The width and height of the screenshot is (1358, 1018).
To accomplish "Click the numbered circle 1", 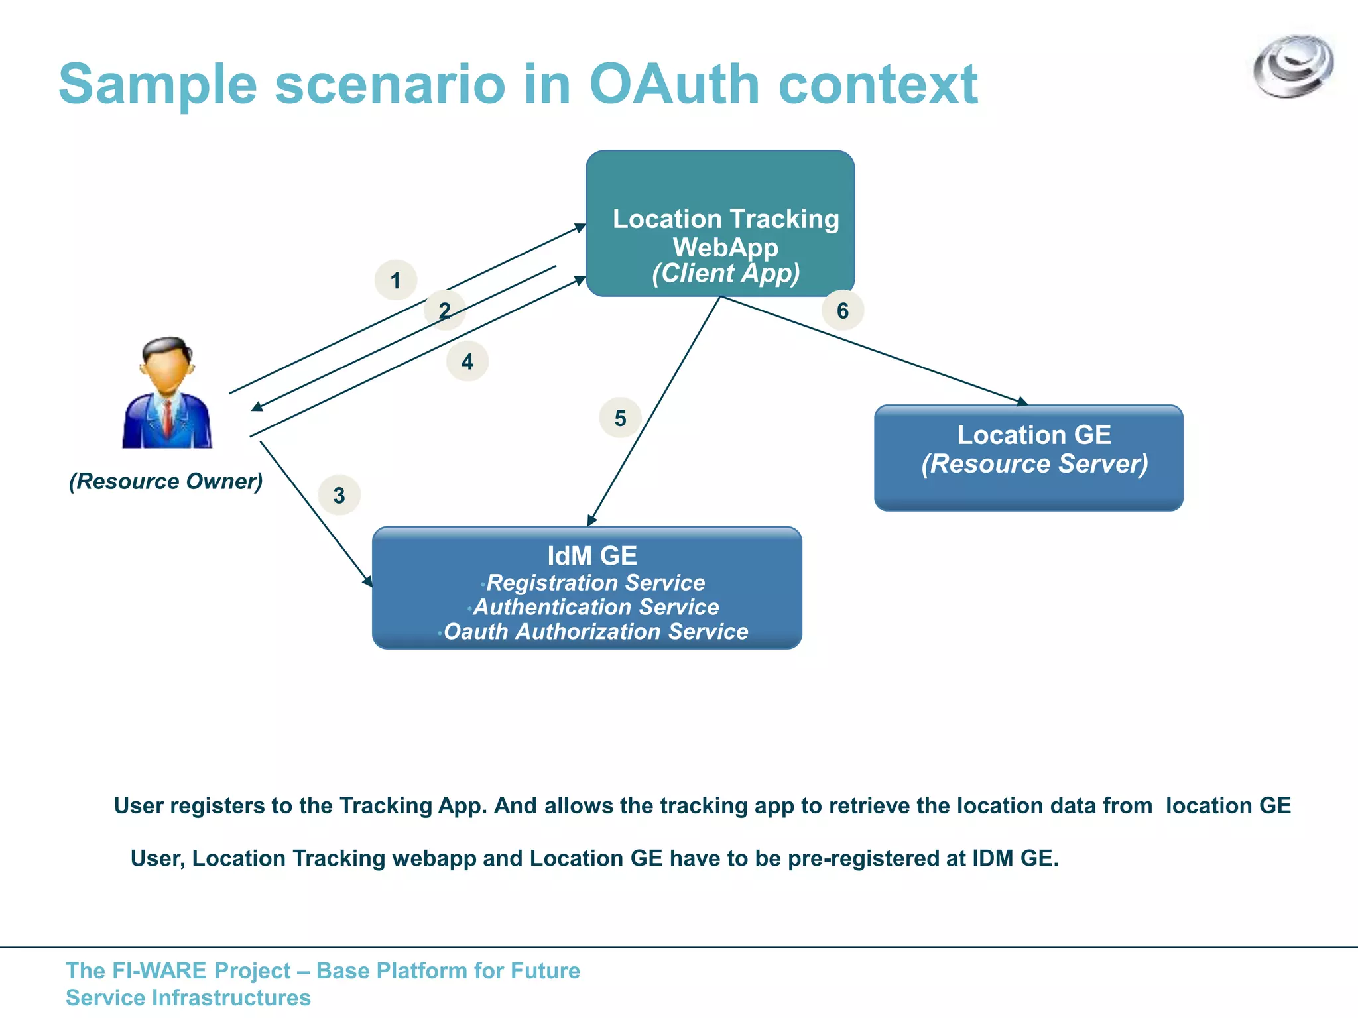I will point(395,280).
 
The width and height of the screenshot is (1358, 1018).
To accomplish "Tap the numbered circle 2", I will point(444,310).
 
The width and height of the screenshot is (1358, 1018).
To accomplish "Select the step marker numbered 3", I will point(339,495).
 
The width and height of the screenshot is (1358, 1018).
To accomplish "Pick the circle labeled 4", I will point(467,361).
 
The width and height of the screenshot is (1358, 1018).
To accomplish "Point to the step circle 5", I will point(620,418).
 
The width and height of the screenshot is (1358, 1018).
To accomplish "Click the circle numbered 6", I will point(842,310).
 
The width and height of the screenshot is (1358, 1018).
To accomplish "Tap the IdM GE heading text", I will point(591,556).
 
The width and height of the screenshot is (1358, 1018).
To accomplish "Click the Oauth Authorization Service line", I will point(595,632).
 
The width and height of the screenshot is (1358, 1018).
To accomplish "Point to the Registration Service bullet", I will point(595,583).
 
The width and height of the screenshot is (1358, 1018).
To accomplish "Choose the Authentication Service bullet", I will point(595,607).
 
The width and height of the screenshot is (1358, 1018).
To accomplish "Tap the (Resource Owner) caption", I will point(166,481).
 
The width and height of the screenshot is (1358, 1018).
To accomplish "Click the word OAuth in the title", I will point(674,85).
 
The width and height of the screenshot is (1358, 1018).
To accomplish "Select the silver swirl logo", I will point(1293,66).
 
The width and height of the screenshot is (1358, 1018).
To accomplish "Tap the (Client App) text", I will point(726,274).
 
